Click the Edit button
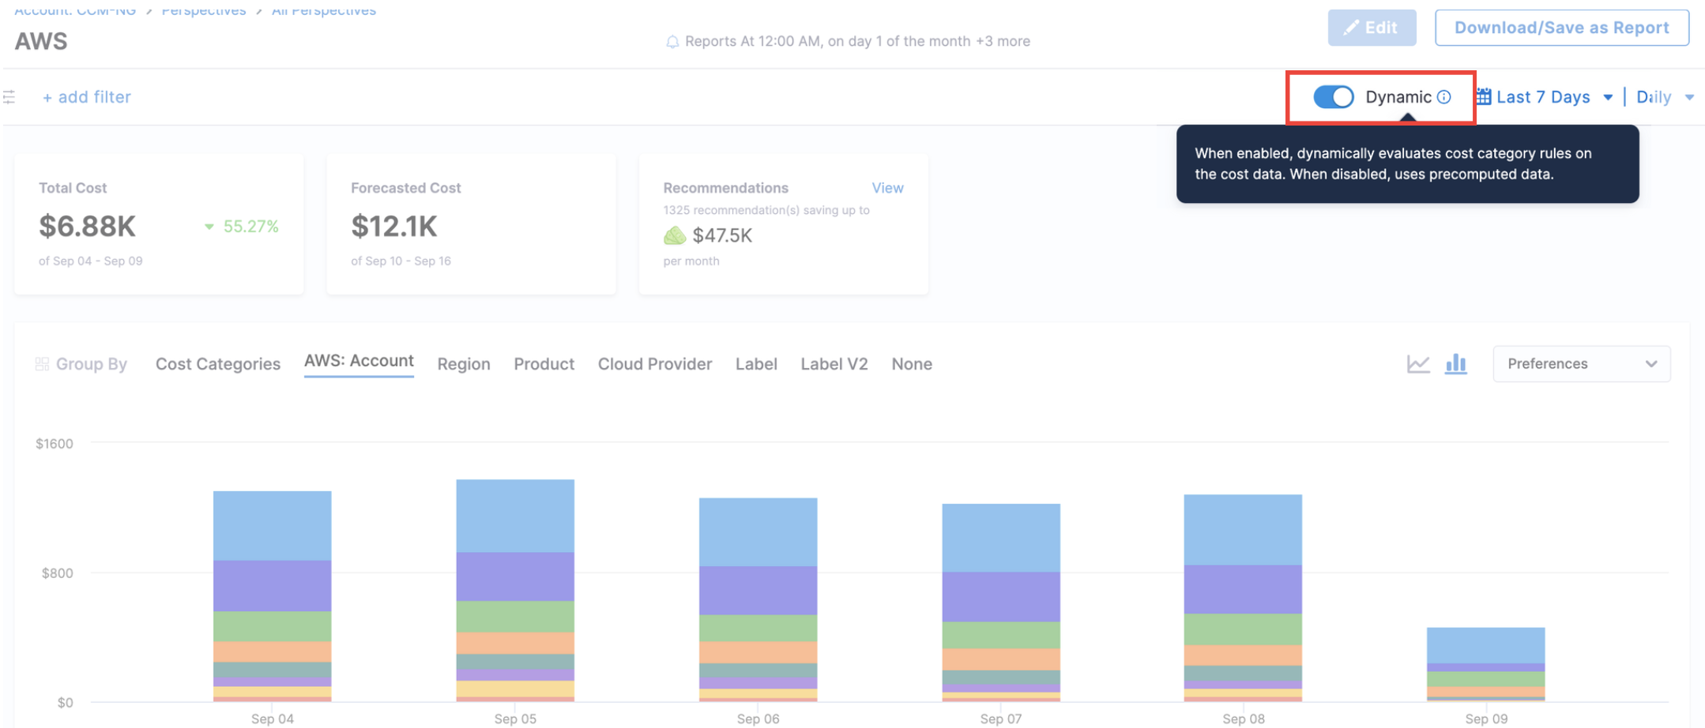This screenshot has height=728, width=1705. [x=1371, y=28]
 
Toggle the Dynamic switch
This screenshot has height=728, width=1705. [x=1334, y=97]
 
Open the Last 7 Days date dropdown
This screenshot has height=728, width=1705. [x=1544, y=97]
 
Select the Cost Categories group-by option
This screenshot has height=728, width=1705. [x=217, y=364]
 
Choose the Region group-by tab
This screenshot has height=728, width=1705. [x=464, y=364]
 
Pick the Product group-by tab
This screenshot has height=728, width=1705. [x=544, y=364]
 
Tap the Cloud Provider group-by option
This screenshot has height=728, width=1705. [x=654, y=364]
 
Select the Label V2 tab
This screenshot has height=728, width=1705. [x=834, y=364]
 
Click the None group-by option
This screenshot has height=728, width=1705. [x=911, y=364]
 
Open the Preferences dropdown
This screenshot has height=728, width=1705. [x=1581, y=364]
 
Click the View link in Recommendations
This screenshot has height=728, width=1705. [x=887, y=188]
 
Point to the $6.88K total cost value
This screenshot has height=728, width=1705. [x=88, y=227]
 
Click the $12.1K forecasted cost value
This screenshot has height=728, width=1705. [x=394, y=227]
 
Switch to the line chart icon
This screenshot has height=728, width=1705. [x=1418, y=364]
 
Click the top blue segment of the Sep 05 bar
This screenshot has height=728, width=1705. [x=515, y=516]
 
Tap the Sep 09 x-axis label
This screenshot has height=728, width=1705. [x=1486, y=719]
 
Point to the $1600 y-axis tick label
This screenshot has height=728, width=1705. [x=55, y=444]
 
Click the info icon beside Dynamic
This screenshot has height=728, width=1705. [x=1443, y=97]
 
